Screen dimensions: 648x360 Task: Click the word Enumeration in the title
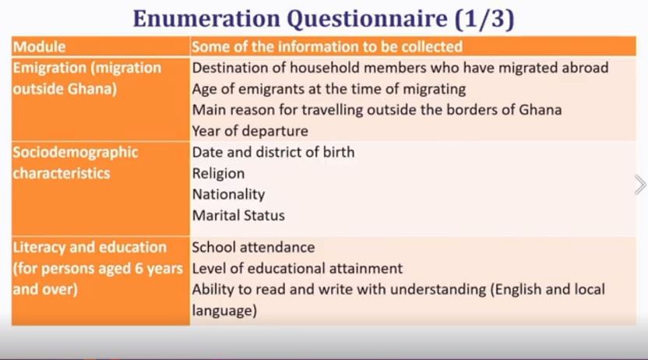click(x=206, y=19)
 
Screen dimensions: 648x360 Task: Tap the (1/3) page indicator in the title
click(x=484, y=19)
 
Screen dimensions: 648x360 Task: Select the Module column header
click(x=39, y=47)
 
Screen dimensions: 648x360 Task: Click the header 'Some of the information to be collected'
click(x=327, y=47)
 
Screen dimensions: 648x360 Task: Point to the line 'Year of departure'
click(x=250, y=131)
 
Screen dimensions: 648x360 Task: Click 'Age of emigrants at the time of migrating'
click(x=329, y=89)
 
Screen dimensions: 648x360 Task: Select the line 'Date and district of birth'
click(x=273, y=152)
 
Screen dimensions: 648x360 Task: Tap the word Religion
click(x=218, y=174)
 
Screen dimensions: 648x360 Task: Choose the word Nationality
click(x=228, y=195)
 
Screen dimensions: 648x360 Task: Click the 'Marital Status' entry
click(x=238, y=215)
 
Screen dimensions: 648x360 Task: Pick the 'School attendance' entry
click(x=253, y=247)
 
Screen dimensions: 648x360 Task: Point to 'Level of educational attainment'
click(x=298, y=268)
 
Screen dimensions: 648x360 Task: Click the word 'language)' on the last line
click(x=224, y=311)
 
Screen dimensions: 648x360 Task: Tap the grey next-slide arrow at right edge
click(x=639, y=185)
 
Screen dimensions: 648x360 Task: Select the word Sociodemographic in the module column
click(x=76, y=152)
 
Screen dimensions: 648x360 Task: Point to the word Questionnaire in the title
click(x=368, y=19)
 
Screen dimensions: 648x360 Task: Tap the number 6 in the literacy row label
click(x=139, y=269)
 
